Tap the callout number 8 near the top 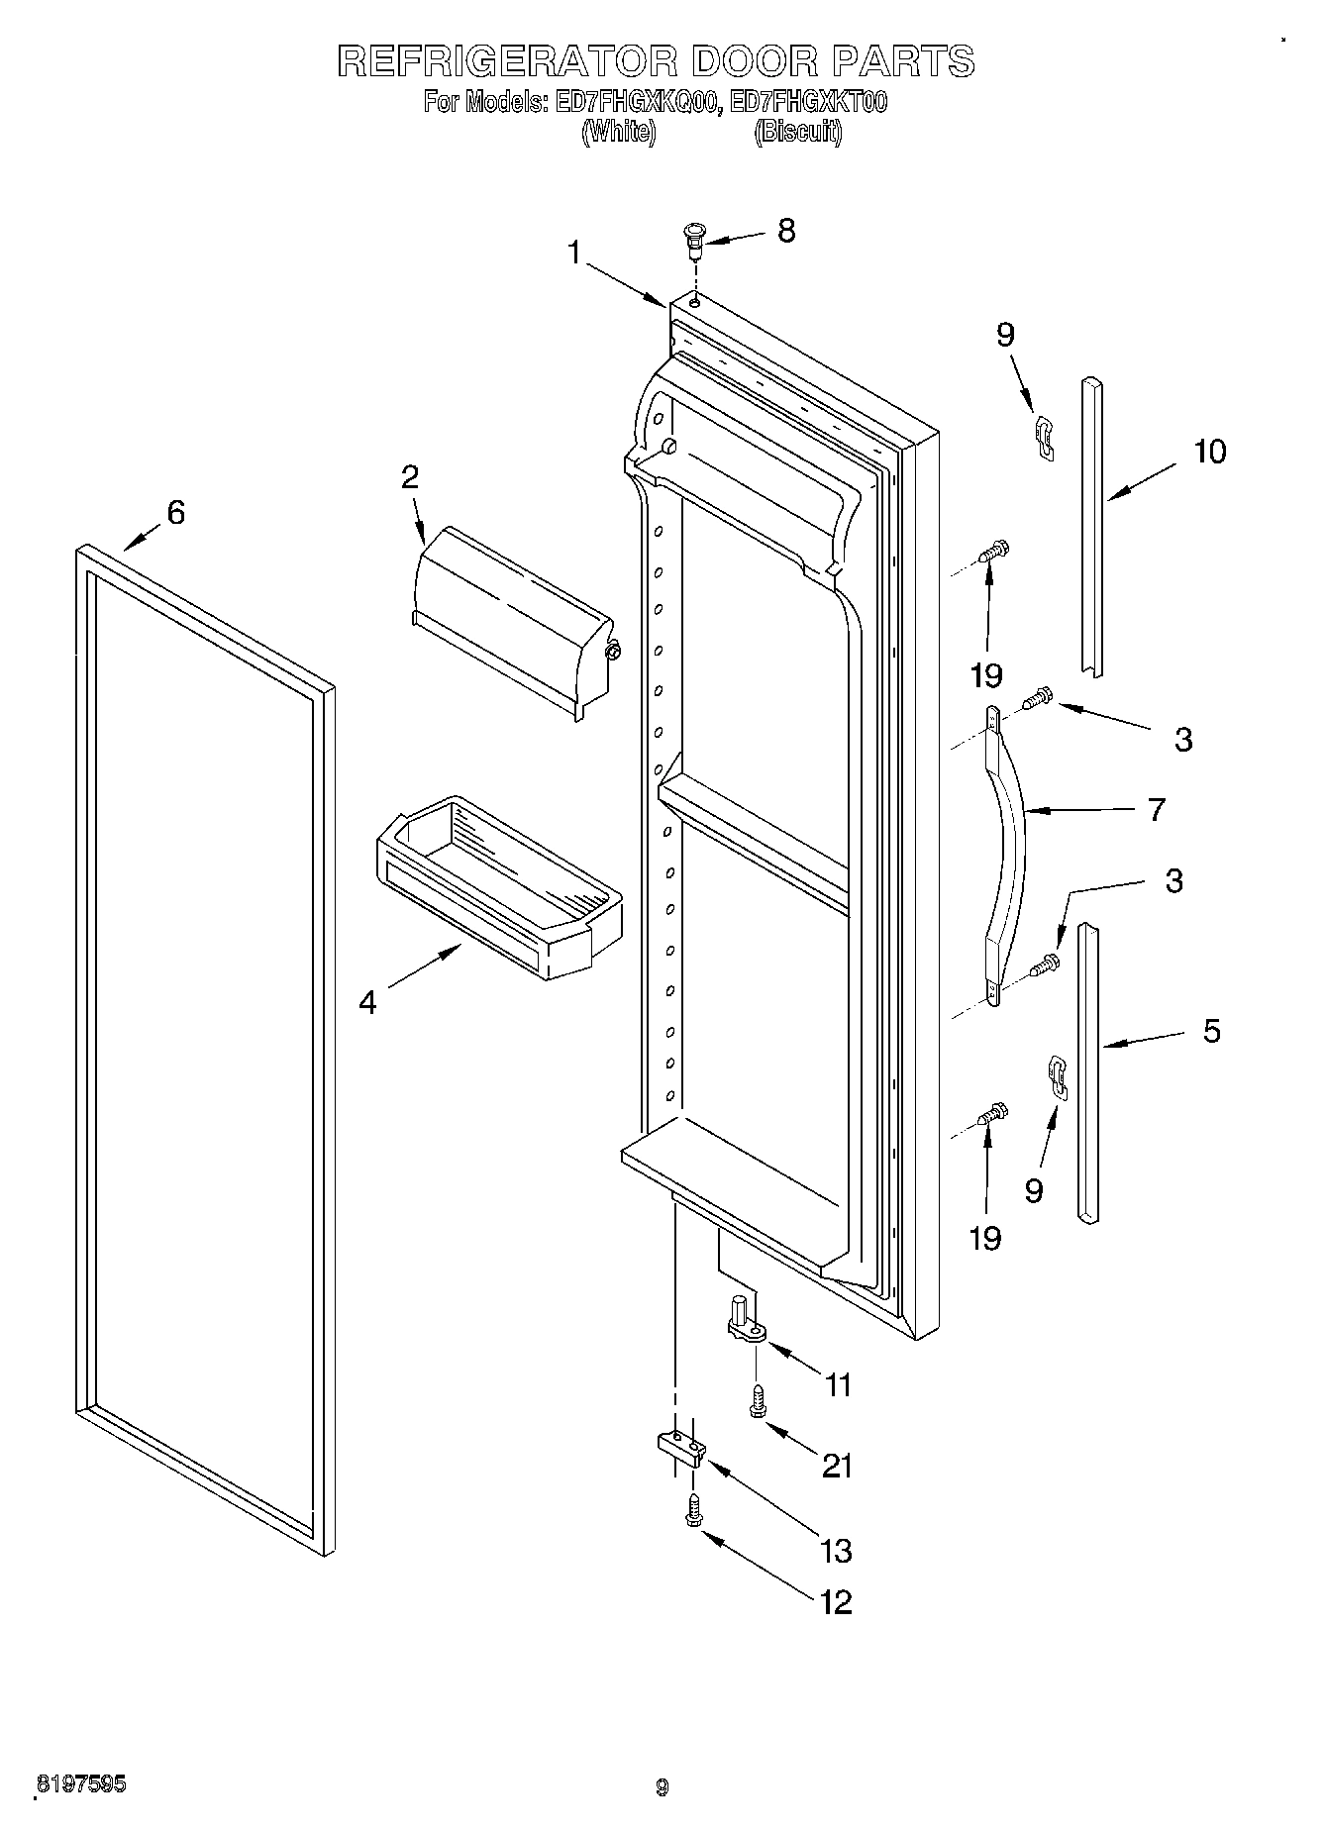pos(785,231)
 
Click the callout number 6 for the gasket pos(174,513)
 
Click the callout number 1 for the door pos(574,254)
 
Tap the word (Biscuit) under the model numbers pos(798,133)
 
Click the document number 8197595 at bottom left pos(82,1782)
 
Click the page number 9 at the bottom pos(662,1787)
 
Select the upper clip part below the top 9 pos(1043,437)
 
